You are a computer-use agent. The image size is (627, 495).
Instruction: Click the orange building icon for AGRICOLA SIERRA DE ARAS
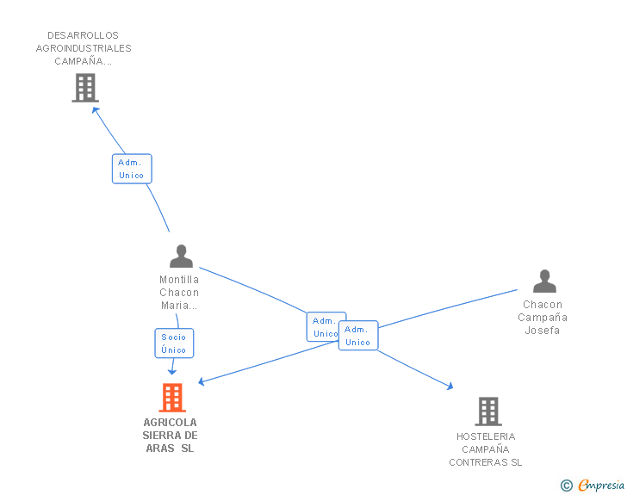point(172,398)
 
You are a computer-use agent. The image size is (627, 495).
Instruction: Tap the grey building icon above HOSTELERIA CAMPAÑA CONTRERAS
point(488,411)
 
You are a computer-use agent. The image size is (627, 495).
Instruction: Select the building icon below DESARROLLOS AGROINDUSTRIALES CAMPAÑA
point(85,88)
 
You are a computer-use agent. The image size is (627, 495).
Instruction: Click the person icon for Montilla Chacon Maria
point(181,256)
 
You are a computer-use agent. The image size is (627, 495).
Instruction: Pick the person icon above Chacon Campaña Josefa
point(544,281)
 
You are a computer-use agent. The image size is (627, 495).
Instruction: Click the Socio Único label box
point(174,343)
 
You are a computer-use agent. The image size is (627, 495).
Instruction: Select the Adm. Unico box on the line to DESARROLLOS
point(132,169)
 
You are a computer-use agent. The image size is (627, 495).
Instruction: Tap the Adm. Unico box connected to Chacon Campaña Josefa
point(358,336)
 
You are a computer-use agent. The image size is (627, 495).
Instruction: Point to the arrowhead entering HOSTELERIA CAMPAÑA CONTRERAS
point(450,387)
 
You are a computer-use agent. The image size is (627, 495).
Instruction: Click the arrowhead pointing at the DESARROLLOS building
point(95,110)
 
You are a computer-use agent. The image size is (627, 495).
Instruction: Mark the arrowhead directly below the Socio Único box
point(172,372)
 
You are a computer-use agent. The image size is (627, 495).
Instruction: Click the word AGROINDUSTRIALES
point(84,48)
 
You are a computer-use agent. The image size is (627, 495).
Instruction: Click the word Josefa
point(543,331)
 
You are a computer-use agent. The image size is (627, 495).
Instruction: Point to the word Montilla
point(179,280)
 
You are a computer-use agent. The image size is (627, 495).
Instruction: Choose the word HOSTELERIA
point(486,436)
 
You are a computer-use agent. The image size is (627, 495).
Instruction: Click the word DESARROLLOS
point(84,35)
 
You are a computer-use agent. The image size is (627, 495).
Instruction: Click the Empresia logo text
point(601,486)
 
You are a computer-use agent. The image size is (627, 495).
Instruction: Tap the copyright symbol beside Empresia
point(566,486)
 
